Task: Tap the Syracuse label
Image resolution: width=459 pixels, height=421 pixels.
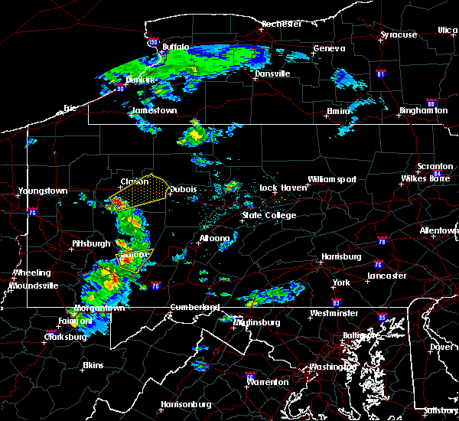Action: [399, 34]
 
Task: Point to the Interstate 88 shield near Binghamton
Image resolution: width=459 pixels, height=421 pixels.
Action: [431, 103]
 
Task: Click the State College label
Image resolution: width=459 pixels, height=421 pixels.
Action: [269, 215]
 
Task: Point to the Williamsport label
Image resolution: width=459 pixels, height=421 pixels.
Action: [332, 179]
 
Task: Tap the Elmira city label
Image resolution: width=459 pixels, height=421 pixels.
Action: [337, 111]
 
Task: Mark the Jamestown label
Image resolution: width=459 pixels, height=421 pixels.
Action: [155, 110]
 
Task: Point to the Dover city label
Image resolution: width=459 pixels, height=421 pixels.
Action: [441, 346]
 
